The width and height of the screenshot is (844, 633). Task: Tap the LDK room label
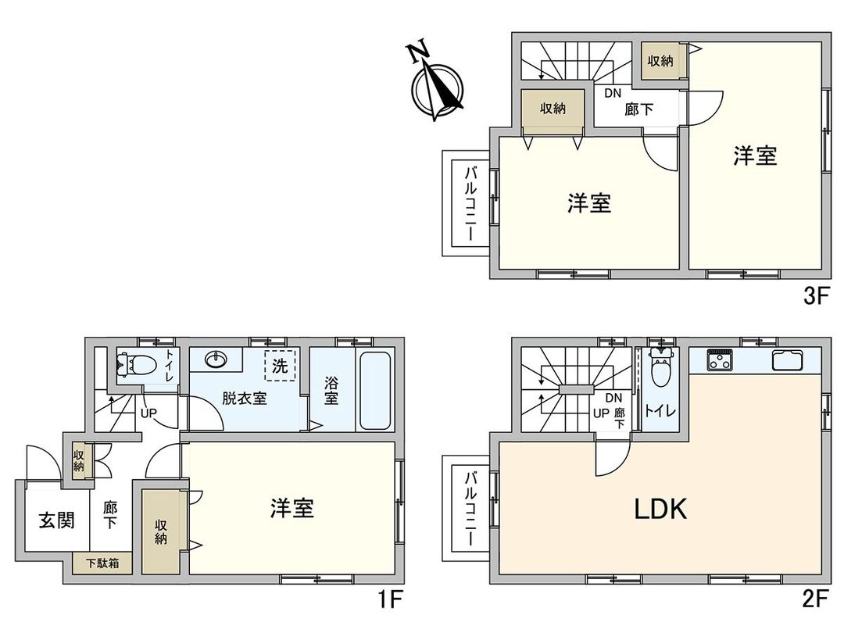tap(660, 510)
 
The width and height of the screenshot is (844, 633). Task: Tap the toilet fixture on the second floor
tap(660, 365)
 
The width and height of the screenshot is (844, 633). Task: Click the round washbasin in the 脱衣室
tap(215, 359)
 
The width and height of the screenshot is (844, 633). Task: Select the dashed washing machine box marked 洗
tap(279, 366)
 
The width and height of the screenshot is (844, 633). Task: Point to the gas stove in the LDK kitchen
tap(719, 360)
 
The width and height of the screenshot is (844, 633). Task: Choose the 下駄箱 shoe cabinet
tap(103, 563)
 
